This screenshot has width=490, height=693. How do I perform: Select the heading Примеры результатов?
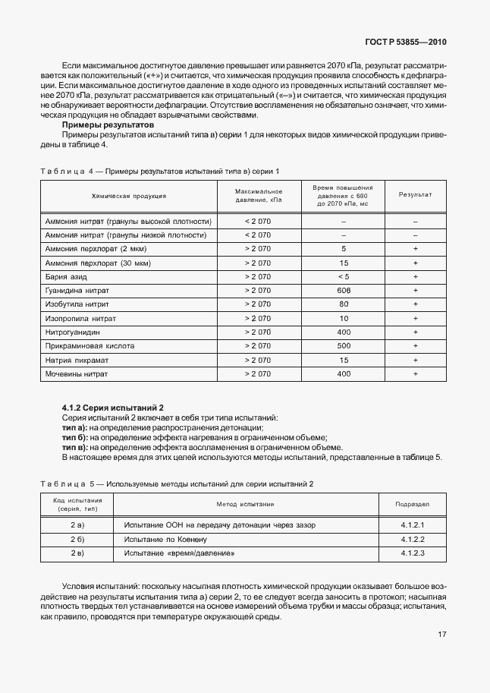(x=108, y=124)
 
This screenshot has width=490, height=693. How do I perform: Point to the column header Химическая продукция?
(x=128, y=196)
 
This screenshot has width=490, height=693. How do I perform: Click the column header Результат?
(x=415, y=195)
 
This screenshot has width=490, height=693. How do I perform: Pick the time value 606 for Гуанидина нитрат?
(x=344, y=291)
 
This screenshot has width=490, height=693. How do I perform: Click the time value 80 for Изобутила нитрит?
(x=344, y=304)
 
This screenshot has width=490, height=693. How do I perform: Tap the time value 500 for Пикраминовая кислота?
(x=344, y=346)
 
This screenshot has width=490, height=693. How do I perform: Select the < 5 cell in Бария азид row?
(x=344, y=277)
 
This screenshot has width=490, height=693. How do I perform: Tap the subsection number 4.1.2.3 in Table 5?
(x=412, y=553)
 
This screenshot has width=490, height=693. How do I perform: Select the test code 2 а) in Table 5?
(x=77, y=525)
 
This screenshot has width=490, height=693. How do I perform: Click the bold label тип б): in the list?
(x=75, y=438)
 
